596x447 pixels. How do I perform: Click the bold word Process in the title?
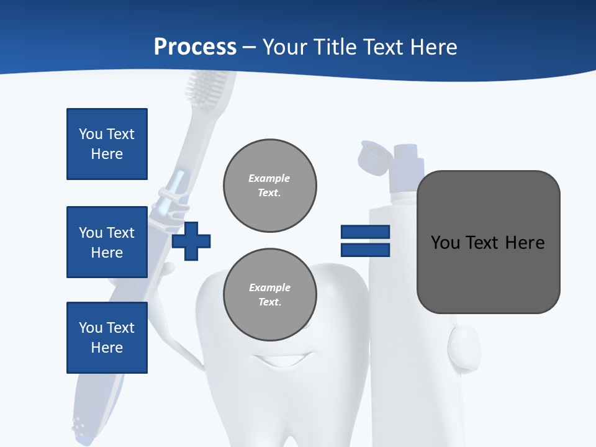[x=195, y=47]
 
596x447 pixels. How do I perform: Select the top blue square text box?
[x=107, y=144]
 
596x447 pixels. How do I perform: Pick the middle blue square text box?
[x=107, y=242]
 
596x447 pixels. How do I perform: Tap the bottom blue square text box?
[x=107, y=338]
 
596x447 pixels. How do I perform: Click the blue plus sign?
[x=191, y=240]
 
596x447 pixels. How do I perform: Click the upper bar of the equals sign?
[x=365, y=232]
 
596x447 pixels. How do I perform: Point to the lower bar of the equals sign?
[x=365, y=250]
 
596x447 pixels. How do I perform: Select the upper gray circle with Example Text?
[x=270, y=186]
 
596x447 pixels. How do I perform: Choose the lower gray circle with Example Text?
[x=270, y=295]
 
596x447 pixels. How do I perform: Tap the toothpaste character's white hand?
[x=464, y=346]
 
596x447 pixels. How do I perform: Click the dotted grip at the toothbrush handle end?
[x=80, y=425]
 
